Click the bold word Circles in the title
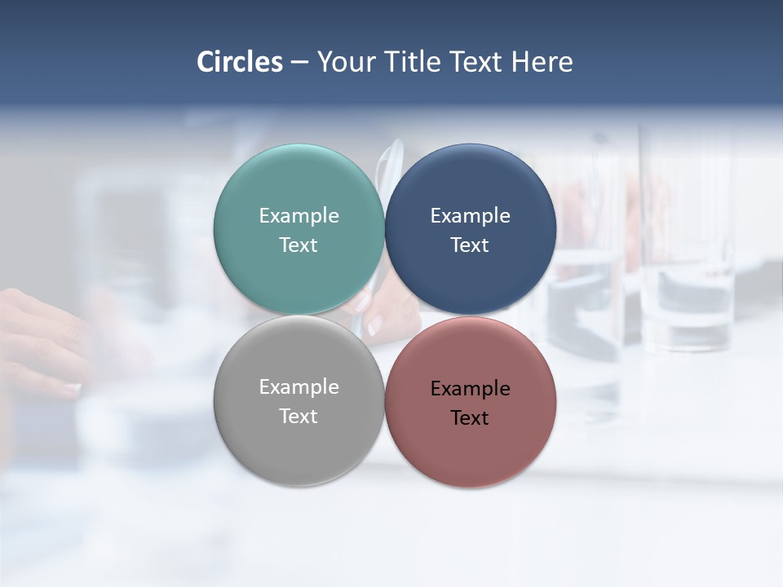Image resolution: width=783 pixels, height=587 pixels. pos(240,62)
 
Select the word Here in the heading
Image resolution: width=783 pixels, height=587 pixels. pos(542,62)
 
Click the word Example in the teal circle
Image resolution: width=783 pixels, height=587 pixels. pos(299,216)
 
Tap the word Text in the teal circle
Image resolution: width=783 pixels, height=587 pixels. pos(299,245)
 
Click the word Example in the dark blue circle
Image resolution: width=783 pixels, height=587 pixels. pos(470,216)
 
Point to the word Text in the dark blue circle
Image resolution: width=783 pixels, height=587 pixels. pos(470,245)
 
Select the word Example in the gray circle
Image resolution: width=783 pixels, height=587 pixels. pos(299,387)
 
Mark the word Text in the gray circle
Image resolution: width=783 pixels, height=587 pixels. pos(299,417)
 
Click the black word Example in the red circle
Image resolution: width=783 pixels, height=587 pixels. pos(470,389)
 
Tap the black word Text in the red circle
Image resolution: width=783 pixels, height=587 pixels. pos(470,418)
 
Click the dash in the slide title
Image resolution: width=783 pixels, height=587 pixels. pos(299,63)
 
